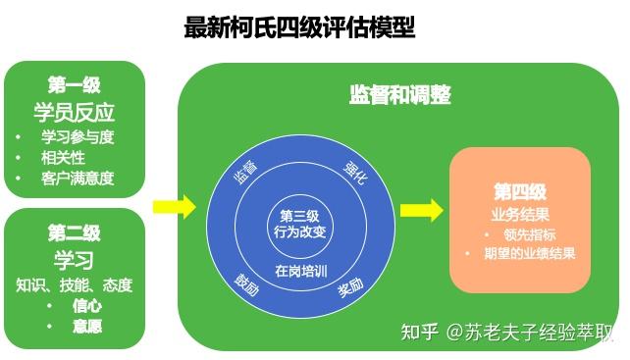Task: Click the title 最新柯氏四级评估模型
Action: [299, 27]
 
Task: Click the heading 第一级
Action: [74, 85]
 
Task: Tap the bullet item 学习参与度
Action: [78, 136]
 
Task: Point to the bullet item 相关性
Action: [63, 157]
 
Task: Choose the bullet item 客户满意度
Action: [78, 178]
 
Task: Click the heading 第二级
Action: [74, 233]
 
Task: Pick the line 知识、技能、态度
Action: [74, 285]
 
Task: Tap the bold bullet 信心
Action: [86, 305]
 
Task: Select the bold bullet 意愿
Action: [86, 326]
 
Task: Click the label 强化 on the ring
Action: [354, 170]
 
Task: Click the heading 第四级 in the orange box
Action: [519, 191]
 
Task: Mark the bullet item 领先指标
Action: [528, 234]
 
